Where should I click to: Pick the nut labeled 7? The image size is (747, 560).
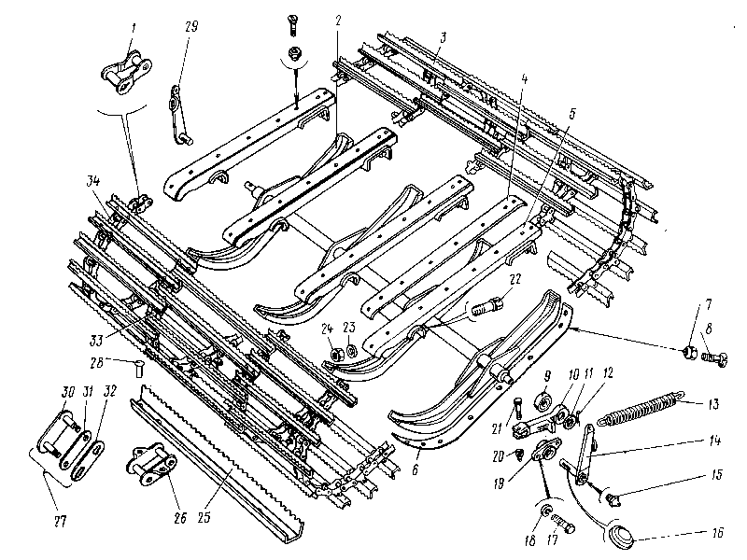(688, 353)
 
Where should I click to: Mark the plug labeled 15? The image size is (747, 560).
(611, 500)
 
